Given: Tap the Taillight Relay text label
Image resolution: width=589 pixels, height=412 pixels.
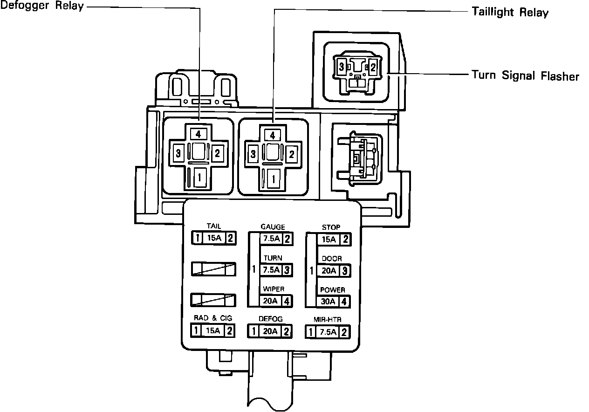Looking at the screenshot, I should [510, 13].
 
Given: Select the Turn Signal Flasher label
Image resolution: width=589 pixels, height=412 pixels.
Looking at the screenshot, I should [525, 76].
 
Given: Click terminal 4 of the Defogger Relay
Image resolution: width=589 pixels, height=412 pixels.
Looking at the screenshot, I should [198, 134].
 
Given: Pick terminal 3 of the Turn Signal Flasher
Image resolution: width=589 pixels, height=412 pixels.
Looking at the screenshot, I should [342, 67].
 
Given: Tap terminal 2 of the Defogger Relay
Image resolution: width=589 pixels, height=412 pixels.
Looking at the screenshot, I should [217, 152].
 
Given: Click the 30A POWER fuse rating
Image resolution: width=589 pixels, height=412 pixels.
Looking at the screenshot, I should [328, 301].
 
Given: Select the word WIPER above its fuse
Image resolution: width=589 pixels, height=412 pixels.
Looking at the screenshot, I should [274, 289].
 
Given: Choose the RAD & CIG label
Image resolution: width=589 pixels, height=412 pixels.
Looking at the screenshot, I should [213, 318].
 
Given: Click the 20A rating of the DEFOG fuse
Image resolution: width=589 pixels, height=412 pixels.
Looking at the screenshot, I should [270, 332].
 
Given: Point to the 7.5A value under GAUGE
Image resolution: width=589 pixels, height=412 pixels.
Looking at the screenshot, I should [271, 239].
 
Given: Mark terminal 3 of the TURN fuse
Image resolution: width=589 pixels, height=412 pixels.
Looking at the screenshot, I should [288, 270].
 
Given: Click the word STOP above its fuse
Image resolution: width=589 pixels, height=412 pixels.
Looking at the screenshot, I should [331, 227].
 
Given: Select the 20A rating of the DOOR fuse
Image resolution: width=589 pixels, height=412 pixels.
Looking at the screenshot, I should [328, 270].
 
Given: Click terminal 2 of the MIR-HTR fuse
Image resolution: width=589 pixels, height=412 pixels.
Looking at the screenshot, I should [344, 332].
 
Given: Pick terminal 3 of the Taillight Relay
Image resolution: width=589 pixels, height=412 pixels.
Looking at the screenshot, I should [253, 154].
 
